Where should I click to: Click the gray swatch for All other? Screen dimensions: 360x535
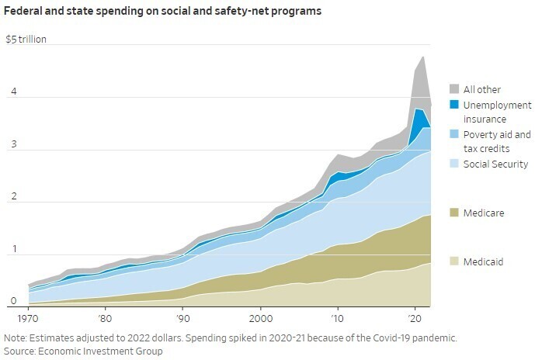(454, 89)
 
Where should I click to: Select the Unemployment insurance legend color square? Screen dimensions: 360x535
(454, 105)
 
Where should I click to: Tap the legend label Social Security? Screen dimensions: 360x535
(495, 164)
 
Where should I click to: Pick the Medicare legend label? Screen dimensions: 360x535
(483, 213)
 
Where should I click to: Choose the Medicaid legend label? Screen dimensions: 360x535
(483, 261)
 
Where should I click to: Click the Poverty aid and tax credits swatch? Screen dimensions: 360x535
(454, 135)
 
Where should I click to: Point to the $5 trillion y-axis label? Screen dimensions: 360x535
(26, 39)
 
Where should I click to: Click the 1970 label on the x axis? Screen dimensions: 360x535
(28, 319)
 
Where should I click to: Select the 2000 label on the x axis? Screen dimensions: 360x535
(261, 319)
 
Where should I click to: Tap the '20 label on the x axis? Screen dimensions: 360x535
(414, 319)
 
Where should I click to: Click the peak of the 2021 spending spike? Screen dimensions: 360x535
(423, 57)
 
